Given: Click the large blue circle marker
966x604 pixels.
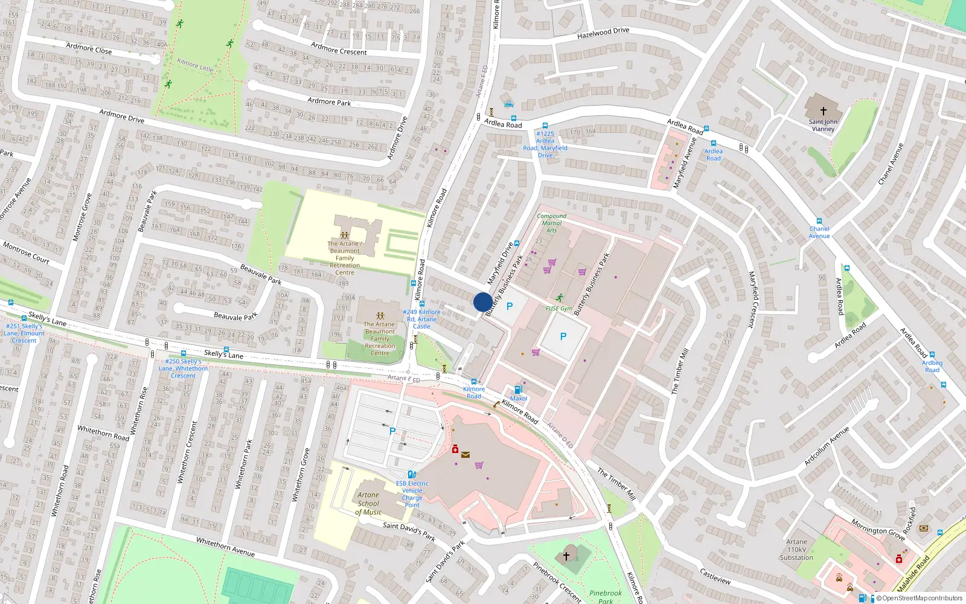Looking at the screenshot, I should coord(482,302).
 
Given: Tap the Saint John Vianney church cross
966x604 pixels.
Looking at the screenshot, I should coord(823,111).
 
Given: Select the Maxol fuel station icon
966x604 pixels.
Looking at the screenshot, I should coord(518,390).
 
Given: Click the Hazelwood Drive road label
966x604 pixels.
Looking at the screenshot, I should coord(603,33).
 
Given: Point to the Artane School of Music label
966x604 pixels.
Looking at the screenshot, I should coord(368,503).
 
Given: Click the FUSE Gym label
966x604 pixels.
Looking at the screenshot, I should coord(558,308).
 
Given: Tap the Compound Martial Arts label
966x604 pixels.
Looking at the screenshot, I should coord(551,223).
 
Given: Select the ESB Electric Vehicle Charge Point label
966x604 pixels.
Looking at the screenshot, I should coord(412,494).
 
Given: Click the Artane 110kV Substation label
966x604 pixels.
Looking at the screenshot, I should coord(796,550).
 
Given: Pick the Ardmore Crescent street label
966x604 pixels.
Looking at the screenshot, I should coord(339,49).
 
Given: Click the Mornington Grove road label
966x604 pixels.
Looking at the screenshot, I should coord(878,529).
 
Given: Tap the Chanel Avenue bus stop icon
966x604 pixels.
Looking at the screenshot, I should coord(819,222).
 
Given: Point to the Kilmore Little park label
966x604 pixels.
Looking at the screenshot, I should coord(195,65).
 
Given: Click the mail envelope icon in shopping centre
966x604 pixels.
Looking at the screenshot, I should coord(465,454).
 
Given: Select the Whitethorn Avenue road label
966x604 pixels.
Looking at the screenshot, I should coord(225,546).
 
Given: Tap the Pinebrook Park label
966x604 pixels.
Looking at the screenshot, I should coord(605,596).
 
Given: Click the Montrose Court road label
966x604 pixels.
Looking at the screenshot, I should coord(26,252).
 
